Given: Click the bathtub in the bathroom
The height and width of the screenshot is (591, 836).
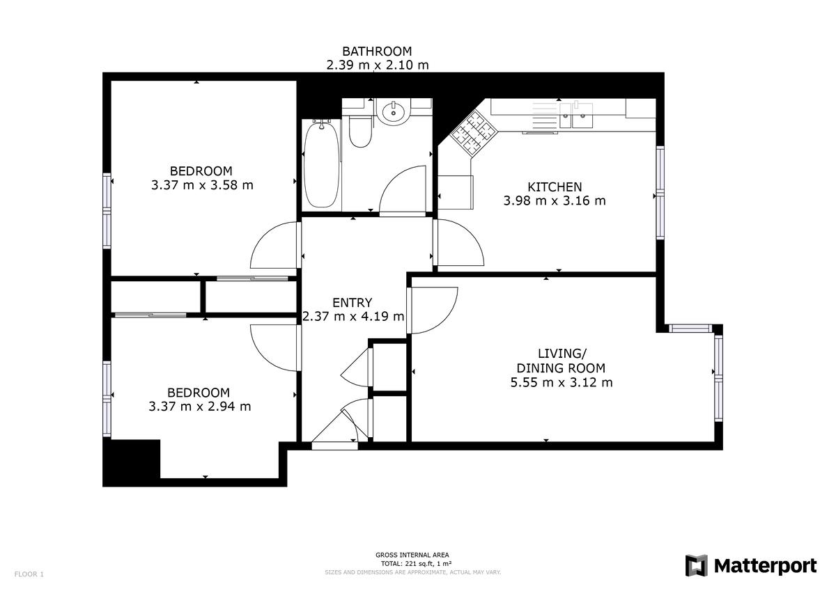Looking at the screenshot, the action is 321,164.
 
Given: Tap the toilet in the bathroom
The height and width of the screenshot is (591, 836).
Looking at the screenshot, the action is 360,132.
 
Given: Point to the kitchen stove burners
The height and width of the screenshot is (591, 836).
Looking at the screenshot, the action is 473,133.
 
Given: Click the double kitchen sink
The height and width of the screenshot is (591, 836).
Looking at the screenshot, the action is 575,116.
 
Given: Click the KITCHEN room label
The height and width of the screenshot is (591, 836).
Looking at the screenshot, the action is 555,187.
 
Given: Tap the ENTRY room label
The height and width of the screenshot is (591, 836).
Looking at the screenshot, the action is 353,302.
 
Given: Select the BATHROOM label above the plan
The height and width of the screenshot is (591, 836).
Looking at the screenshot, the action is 377,51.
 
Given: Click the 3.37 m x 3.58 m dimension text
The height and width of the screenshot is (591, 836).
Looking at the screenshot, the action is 202,185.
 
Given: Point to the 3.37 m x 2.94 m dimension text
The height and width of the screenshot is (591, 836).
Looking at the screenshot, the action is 200,407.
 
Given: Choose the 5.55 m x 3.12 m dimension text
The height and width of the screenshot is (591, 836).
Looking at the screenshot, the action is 562,383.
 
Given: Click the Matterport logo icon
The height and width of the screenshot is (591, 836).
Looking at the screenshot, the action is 696,565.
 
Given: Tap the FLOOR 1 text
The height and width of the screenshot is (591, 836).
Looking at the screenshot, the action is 29,574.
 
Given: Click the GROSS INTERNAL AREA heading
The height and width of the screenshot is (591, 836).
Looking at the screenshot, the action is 412,555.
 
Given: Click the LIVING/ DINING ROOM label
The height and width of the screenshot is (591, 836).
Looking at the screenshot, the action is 561,361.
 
